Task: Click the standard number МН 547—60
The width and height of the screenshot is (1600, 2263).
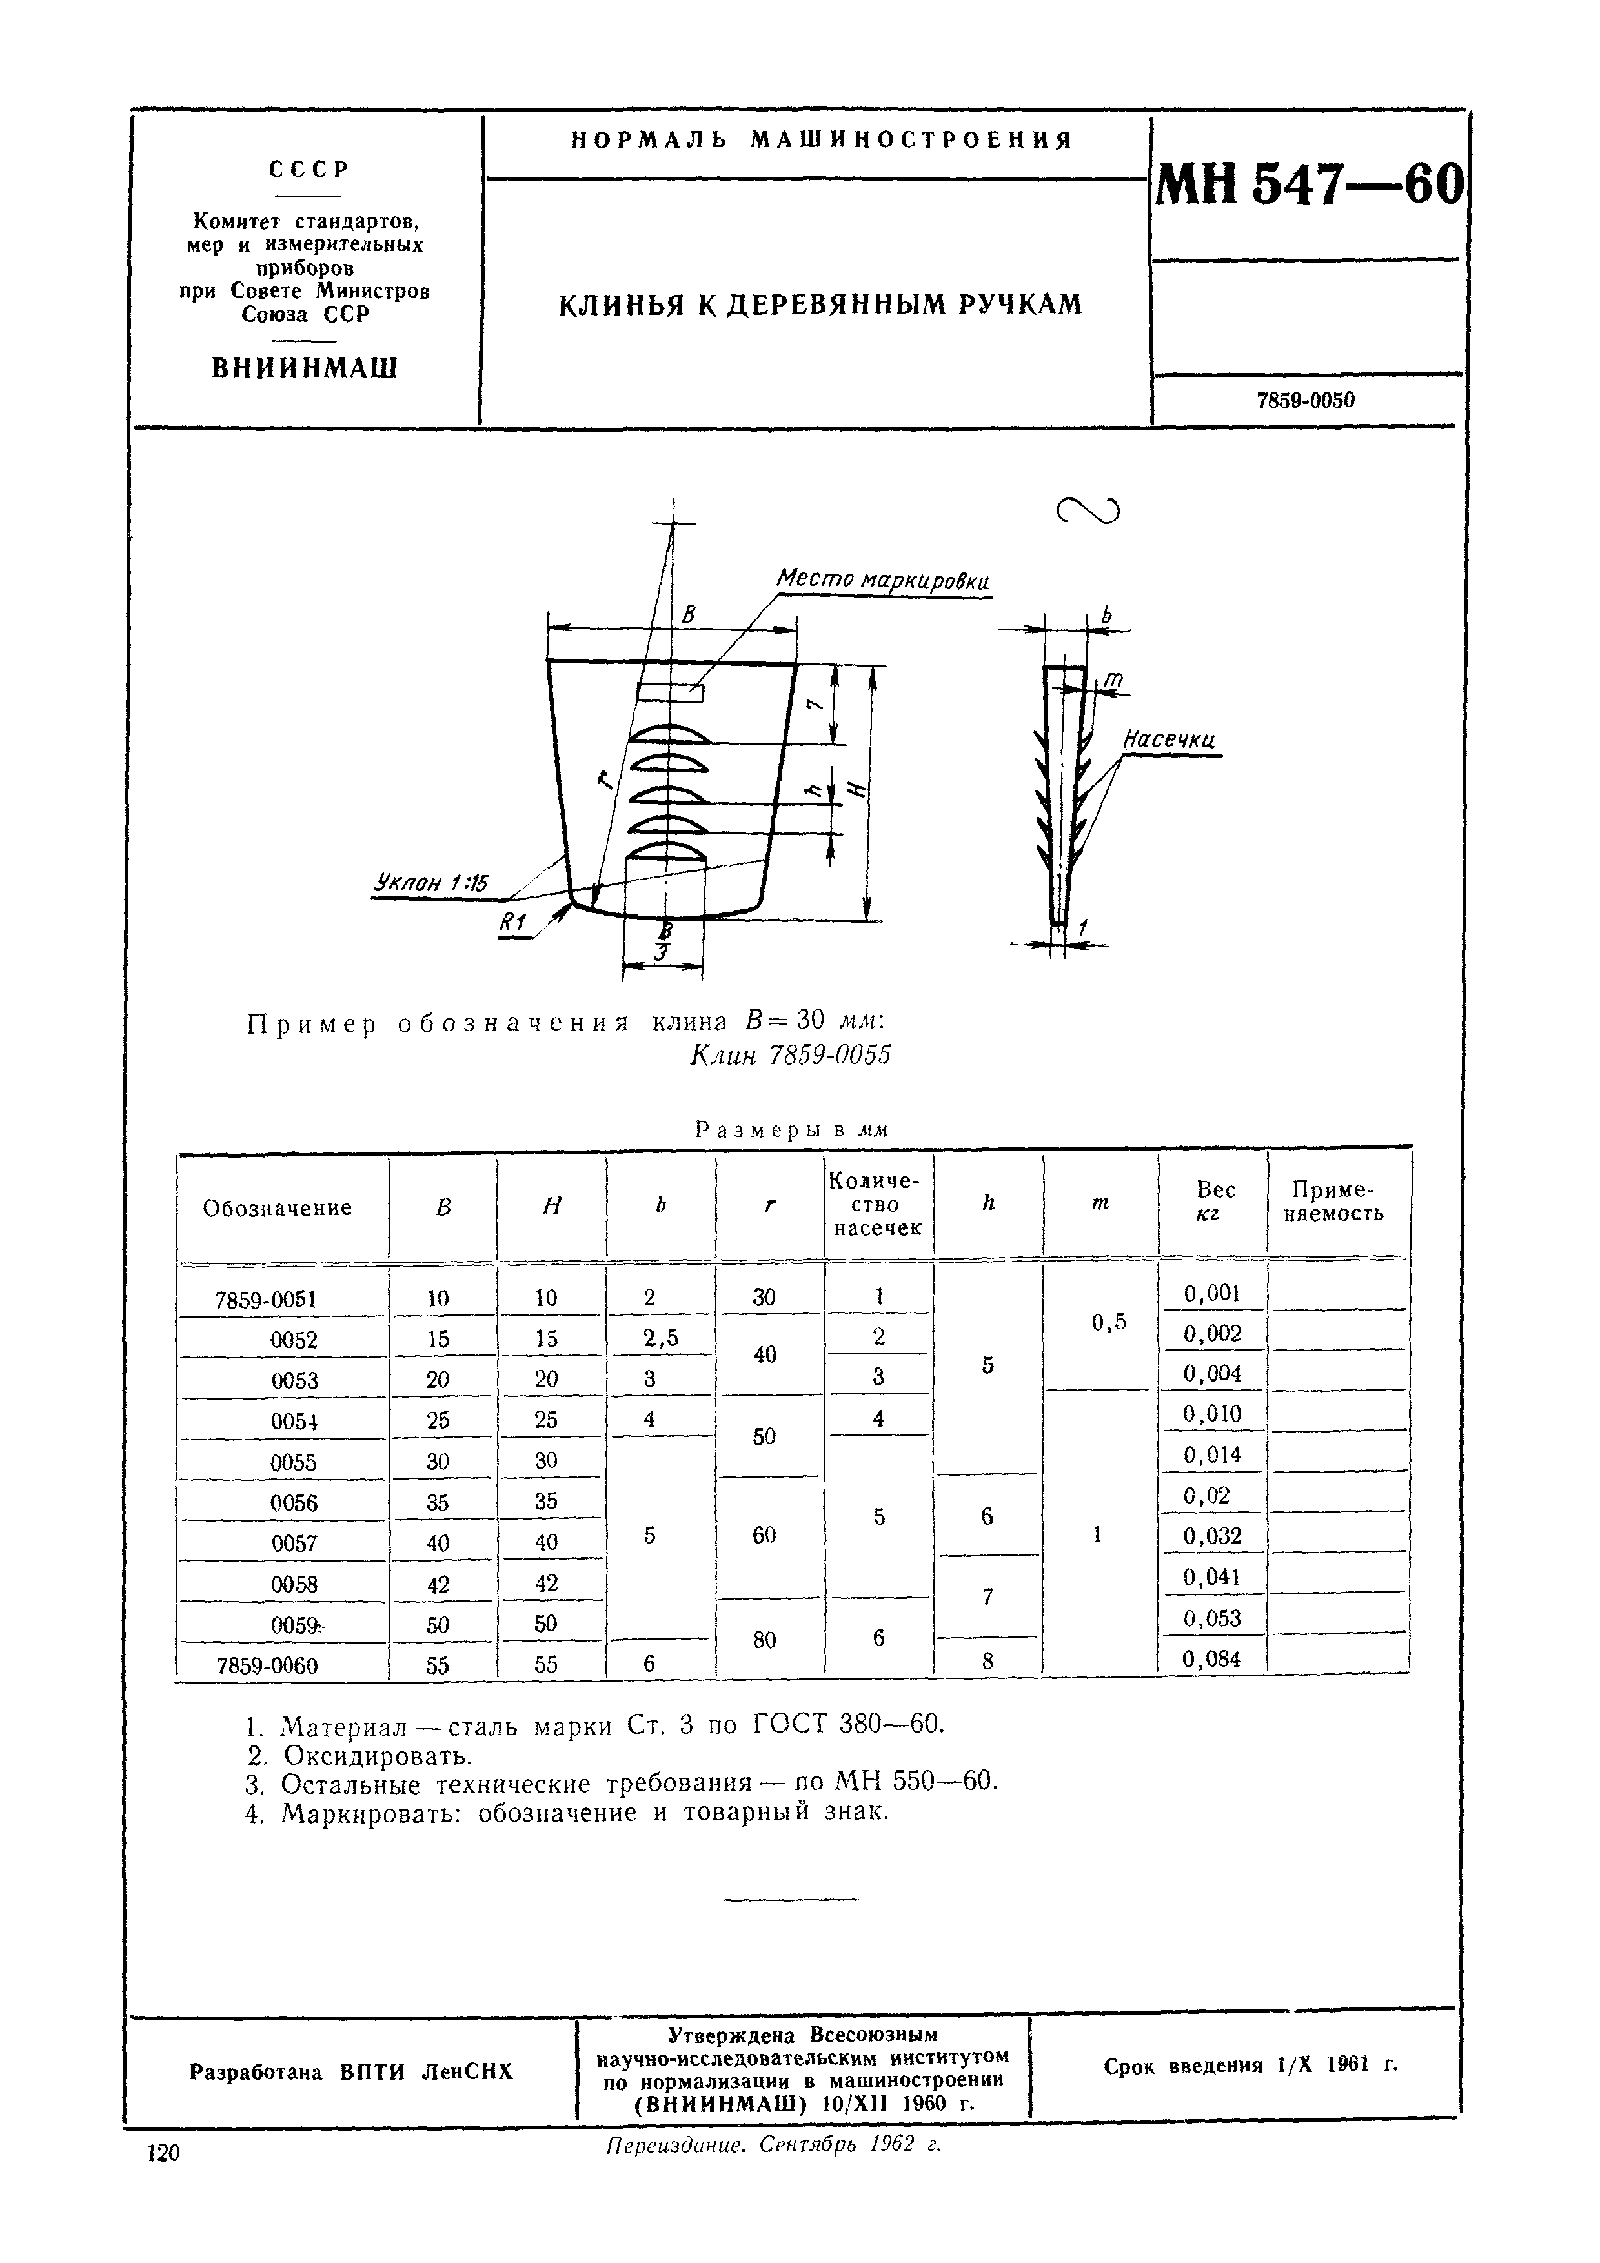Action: tap(1308, 185)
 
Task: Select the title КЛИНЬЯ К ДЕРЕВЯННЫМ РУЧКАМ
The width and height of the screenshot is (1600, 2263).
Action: tap(820, 305)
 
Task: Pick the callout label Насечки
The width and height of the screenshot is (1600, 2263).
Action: tap(1170, 740)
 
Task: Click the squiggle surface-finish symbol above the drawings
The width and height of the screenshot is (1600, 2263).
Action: tap(1088, 510)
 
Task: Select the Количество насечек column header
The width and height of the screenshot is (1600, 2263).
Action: tap(876, 1205)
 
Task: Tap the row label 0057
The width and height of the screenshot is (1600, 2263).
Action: tap(294, 1544)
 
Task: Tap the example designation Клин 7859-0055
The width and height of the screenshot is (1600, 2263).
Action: tap(789, 1056)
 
